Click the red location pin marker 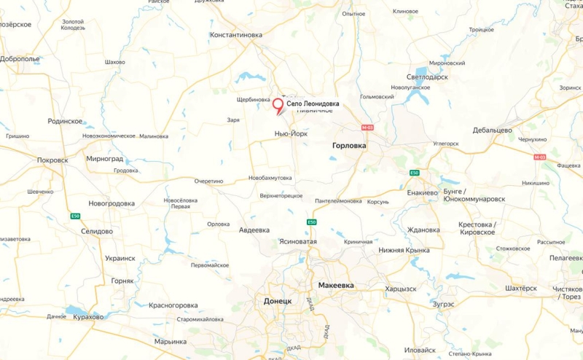[x=278, y=106]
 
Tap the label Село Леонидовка [x=313, y=104]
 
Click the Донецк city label [x=278, y=301]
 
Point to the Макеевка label [x=336, y=285]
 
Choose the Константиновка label [x=235, y=34]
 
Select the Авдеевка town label [x=254, y=230]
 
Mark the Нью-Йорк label [x=291, y=133]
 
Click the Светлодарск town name [x=426, y=77]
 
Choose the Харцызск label [x=401, y=289]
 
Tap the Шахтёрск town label [x=520, y=288]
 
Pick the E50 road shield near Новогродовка [x=75, y=216]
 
